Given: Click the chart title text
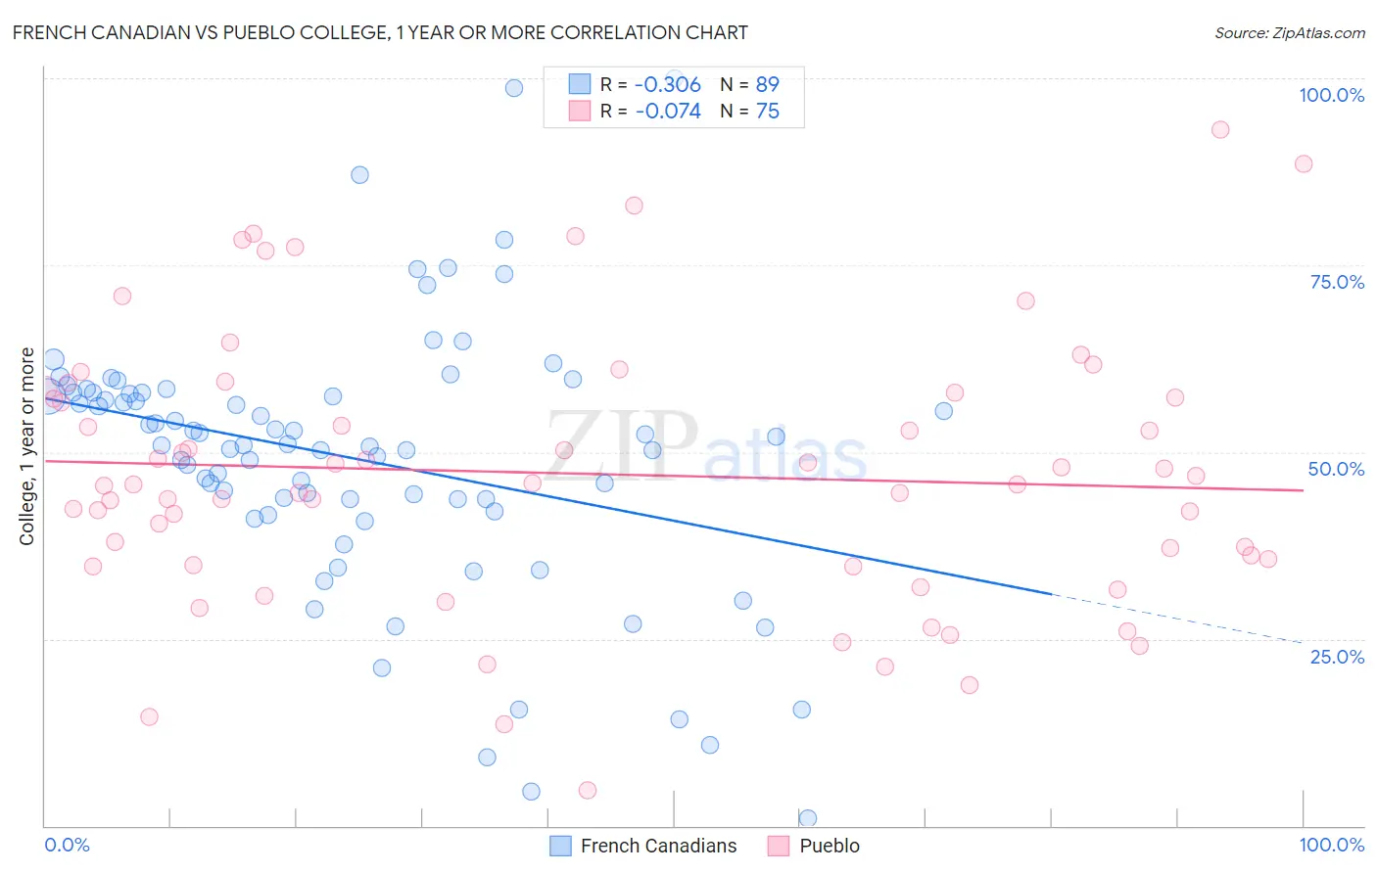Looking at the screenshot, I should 380,32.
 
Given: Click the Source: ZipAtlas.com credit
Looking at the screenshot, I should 1289,33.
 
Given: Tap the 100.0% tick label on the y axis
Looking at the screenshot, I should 1331,95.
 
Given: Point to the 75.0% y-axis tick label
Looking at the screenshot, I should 1337,282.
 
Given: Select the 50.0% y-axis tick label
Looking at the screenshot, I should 1336,469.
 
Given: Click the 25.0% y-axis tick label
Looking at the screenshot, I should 1337,656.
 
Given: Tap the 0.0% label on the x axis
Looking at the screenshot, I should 67,845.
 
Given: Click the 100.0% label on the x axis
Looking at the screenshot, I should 1331,845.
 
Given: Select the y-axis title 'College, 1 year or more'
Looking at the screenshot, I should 27,446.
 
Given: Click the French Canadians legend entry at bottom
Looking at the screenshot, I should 658,846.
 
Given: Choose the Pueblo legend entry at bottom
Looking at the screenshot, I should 829,846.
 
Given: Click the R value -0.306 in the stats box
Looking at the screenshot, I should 668,84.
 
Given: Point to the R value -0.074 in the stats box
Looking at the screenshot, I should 668,111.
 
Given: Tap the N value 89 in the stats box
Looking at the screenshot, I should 767,84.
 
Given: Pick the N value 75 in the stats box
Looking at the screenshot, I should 767,111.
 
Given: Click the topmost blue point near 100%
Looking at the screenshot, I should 514,88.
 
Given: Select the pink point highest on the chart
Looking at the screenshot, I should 1219,129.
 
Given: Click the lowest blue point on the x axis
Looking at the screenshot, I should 808,818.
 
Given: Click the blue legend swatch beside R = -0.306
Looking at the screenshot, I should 580,84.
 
